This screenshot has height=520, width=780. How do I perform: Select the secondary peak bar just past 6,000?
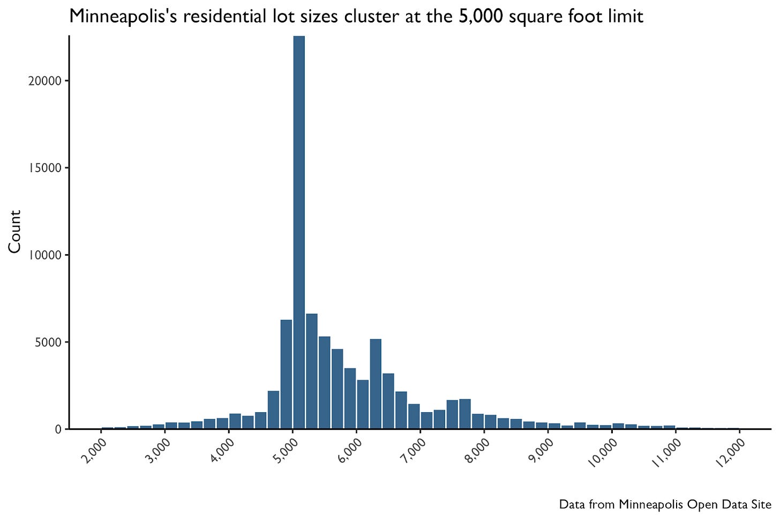point(376,384)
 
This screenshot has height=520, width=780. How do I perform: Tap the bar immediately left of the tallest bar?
point(286,374)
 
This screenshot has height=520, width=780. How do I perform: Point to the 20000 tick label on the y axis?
point(45,81)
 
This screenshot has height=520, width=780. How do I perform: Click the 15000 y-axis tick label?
point(45,168)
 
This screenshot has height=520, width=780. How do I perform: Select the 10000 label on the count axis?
point(45,255)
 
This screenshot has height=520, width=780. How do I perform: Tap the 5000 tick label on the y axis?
point(48,342)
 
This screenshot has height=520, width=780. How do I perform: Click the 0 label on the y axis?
point(58,429)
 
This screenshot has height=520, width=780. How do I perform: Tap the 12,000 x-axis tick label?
point(731,453)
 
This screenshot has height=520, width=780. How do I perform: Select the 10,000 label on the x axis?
point(603,453)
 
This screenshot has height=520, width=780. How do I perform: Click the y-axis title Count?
point(15,232)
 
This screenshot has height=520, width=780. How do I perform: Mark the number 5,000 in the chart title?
point(481,17)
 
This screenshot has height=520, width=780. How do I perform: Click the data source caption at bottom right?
point(665,505)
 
